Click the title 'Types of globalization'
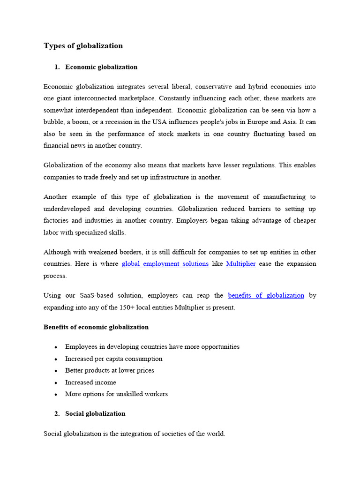pyautogui.click(x=83, y=46)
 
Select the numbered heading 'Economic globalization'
pyautogui.click(x=101, y=67)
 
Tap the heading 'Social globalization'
pyautogui.click(x=95, y=413)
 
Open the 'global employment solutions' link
pyautogui.click(x=165, y=264)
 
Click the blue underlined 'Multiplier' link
pyautogui.click(x=240, y=264)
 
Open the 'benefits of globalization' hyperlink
pyautogui.click(x=266, y=295)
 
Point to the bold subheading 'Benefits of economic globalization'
pyautogui.click(x=96, y=327)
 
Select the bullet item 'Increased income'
pyautogui.click(x=90, y=382)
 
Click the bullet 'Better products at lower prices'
pyautogui.click(x=109, y=370)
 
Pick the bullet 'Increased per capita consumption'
pyautogui.click(x=113, y=359)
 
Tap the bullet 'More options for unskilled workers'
pyautogui.click(x=116, y=394)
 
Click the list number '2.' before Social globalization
pyautogui.click(x=57, y=413)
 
